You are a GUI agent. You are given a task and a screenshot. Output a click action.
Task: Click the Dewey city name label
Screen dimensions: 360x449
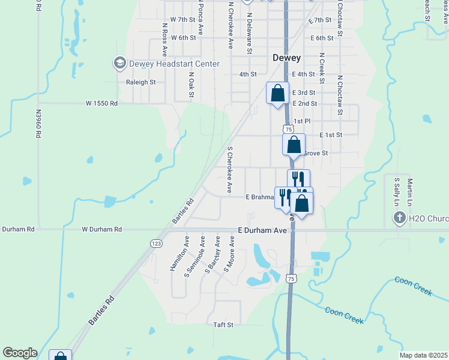pyautogui.click(x=286, y=58)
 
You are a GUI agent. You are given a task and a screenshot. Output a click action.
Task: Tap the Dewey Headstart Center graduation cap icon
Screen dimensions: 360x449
pyautogui.click(x=119, y=63)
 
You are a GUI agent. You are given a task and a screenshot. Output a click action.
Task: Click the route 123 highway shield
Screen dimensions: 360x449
pyautogui.click(x=155, y=242)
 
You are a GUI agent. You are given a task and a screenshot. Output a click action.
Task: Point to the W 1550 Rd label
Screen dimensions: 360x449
pyautogui.click(x=101, y=103)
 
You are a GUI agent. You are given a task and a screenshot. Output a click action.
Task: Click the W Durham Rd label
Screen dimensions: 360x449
pyautogui.click(x=101, y=229)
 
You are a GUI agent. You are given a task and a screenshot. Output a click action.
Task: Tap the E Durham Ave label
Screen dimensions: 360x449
pyautogui.click(x=262, y=230)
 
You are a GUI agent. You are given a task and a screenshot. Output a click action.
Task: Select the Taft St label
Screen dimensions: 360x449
pyautogui.click(x=223, y=325)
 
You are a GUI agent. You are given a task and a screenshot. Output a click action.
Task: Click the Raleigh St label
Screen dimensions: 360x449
pyautogui.click(x=140, y=82)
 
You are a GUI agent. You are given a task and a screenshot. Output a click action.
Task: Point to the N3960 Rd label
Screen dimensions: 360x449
pyautogui.click(x=38, y=124)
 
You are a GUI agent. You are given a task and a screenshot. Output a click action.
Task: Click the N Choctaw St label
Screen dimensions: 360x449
pyautogui.click(x=339, y=95)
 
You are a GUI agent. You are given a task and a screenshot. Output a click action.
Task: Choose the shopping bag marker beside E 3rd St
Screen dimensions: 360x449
pyautogui.click(x=277, y=94)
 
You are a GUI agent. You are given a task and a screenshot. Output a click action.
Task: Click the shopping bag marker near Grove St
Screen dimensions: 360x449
pyautogui.click(x=294, y=145)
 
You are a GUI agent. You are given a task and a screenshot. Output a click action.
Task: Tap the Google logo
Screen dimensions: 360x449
pyautogui.click(x=20, y=353)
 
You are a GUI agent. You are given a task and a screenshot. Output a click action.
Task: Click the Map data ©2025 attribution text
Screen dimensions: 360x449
pyautogui.click(x=423, y=355)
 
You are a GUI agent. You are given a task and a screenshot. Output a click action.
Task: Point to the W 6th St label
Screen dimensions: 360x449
pyautogui.click(x=183, y=38)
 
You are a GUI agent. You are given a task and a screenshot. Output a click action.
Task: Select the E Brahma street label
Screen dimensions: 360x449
pyautogui.click(x=259, y=197)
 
